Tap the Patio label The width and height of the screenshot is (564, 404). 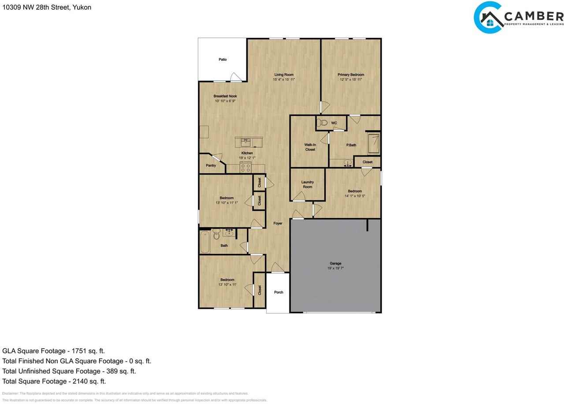coord(223,60)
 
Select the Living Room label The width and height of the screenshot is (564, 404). coord(284,75)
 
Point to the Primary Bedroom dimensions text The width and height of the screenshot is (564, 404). coord(351,80)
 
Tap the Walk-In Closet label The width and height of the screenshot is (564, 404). coord(310,147)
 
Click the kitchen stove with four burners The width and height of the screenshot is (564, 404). coord(245,168)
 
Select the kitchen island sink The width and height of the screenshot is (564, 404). coord(245,142)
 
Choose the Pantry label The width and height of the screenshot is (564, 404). coord(211,166)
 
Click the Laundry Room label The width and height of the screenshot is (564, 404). coord(308,184)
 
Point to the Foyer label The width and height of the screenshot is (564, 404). coord(278,224)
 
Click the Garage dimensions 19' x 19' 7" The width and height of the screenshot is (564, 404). coord(336,269)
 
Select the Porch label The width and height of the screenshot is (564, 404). coord(278,292)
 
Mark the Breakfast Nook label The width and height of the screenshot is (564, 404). coord(225,96)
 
